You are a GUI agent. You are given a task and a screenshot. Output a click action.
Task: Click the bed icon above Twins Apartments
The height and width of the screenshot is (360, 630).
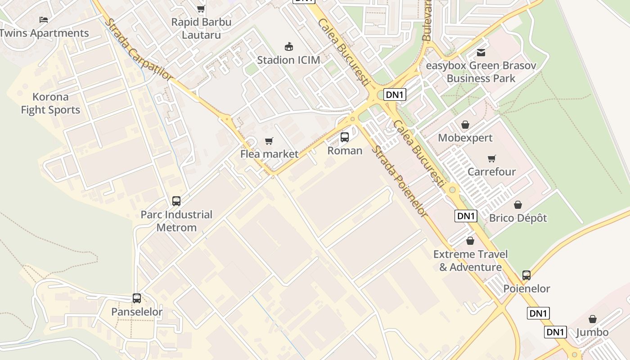point(43,19)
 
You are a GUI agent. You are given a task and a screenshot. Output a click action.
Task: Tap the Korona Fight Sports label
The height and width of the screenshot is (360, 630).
point(50,103)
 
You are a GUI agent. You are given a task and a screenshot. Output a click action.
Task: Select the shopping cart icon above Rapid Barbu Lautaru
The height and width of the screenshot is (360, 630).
point(201,9)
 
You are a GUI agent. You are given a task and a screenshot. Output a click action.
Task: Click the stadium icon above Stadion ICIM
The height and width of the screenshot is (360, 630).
point(288,46)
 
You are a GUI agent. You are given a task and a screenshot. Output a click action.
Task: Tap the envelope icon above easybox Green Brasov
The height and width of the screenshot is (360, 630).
point(481,53)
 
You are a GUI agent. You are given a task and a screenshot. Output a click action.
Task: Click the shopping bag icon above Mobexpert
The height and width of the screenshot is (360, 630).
point(465,125)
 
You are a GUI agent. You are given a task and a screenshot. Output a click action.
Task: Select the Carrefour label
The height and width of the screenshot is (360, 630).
point(491,171)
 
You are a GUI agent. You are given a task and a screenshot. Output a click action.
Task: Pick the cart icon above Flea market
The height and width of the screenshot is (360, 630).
point(269,141)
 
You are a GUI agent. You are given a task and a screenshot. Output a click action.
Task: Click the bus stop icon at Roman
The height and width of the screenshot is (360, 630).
point(345,137)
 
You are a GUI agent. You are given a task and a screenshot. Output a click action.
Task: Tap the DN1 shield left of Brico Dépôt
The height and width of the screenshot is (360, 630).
point(466,216)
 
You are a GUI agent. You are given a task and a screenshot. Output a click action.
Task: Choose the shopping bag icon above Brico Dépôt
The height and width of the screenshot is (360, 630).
point(518,205)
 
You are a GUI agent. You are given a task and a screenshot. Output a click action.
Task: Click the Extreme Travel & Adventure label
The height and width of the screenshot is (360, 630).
point(470,261)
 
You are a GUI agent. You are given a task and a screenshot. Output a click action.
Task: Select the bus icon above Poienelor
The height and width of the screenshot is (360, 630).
point(526,275)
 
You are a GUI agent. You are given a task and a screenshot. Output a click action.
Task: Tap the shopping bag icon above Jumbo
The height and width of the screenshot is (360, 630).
point(593,319)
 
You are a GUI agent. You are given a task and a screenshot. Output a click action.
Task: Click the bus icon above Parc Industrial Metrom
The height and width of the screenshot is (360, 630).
point(176,201)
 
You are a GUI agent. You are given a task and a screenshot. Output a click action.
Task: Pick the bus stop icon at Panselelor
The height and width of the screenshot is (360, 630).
point(137,298)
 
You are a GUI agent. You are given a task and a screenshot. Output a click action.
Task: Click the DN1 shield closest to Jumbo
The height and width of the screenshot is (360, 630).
point(555,332)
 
